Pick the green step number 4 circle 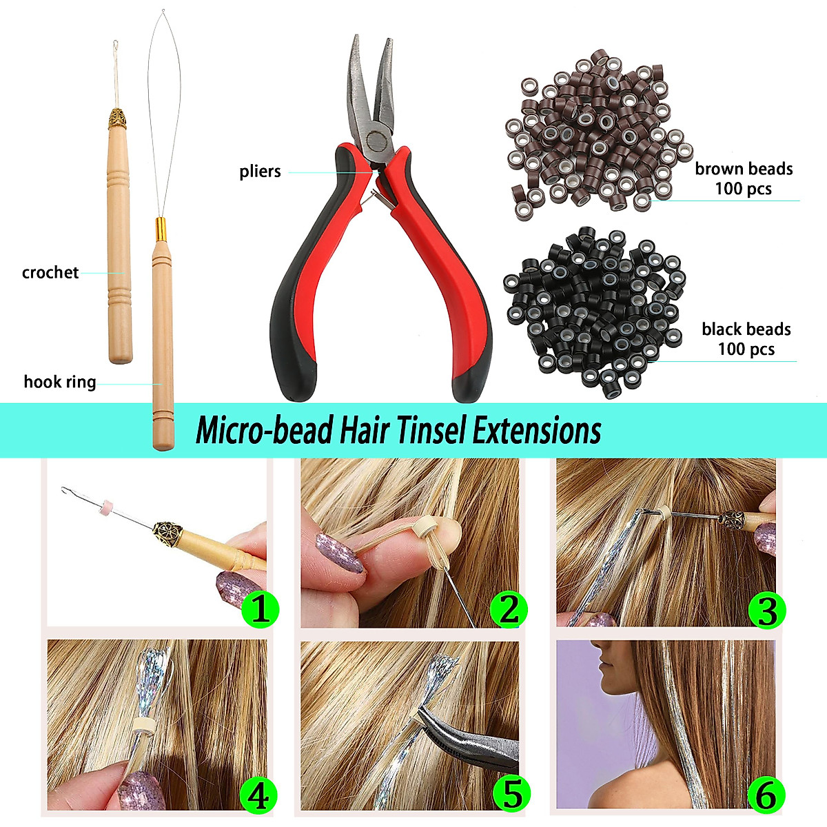258,796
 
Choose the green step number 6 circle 766,796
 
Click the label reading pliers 260,172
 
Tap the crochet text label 50,272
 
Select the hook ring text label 60,382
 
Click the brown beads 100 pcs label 743,178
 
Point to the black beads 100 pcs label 746,339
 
